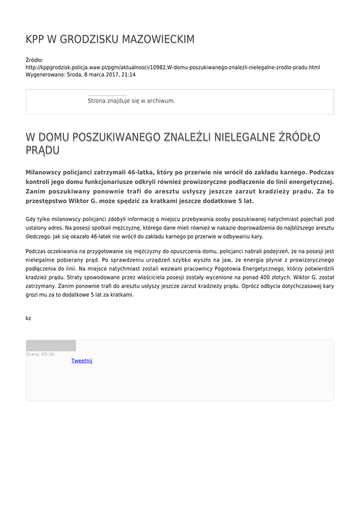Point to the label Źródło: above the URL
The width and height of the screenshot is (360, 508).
click(x=34, y=60)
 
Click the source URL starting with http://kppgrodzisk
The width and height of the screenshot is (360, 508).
click(x=173, y=67)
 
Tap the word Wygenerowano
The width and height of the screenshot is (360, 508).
click(x=45, y=74)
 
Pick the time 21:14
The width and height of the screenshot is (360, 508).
click(x=129, y=74)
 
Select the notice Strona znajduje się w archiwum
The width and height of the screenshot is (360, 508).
click(x=131, y=101)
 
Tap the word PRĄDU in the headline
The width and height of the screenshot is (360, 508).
click(x=43, y=150)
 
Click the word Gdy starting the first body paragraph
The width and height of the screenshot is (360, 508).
click(x=31, y=219)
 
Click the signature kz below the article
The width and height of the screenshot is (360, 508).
click(x=28, y=318)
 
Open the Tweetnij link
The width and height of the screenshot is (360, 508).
click(x=82, y=361)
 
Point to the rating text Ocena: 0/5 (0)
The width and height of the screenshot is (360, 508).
click(x=40, y=354)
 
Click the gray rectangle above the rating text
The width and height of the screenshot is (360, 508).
click(x=51, y=345)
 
